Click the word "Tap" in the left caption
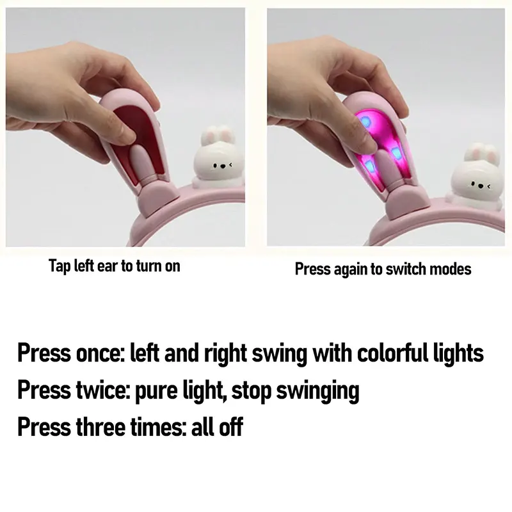coord(60,266)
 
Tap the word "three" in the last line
coord(100,426)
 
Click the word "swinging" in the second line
coord(317,391)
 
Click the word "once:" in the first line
coord(100,354)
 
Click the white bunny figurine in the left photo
coord(218,159)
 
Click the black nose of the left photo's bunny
coord(223,166)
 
